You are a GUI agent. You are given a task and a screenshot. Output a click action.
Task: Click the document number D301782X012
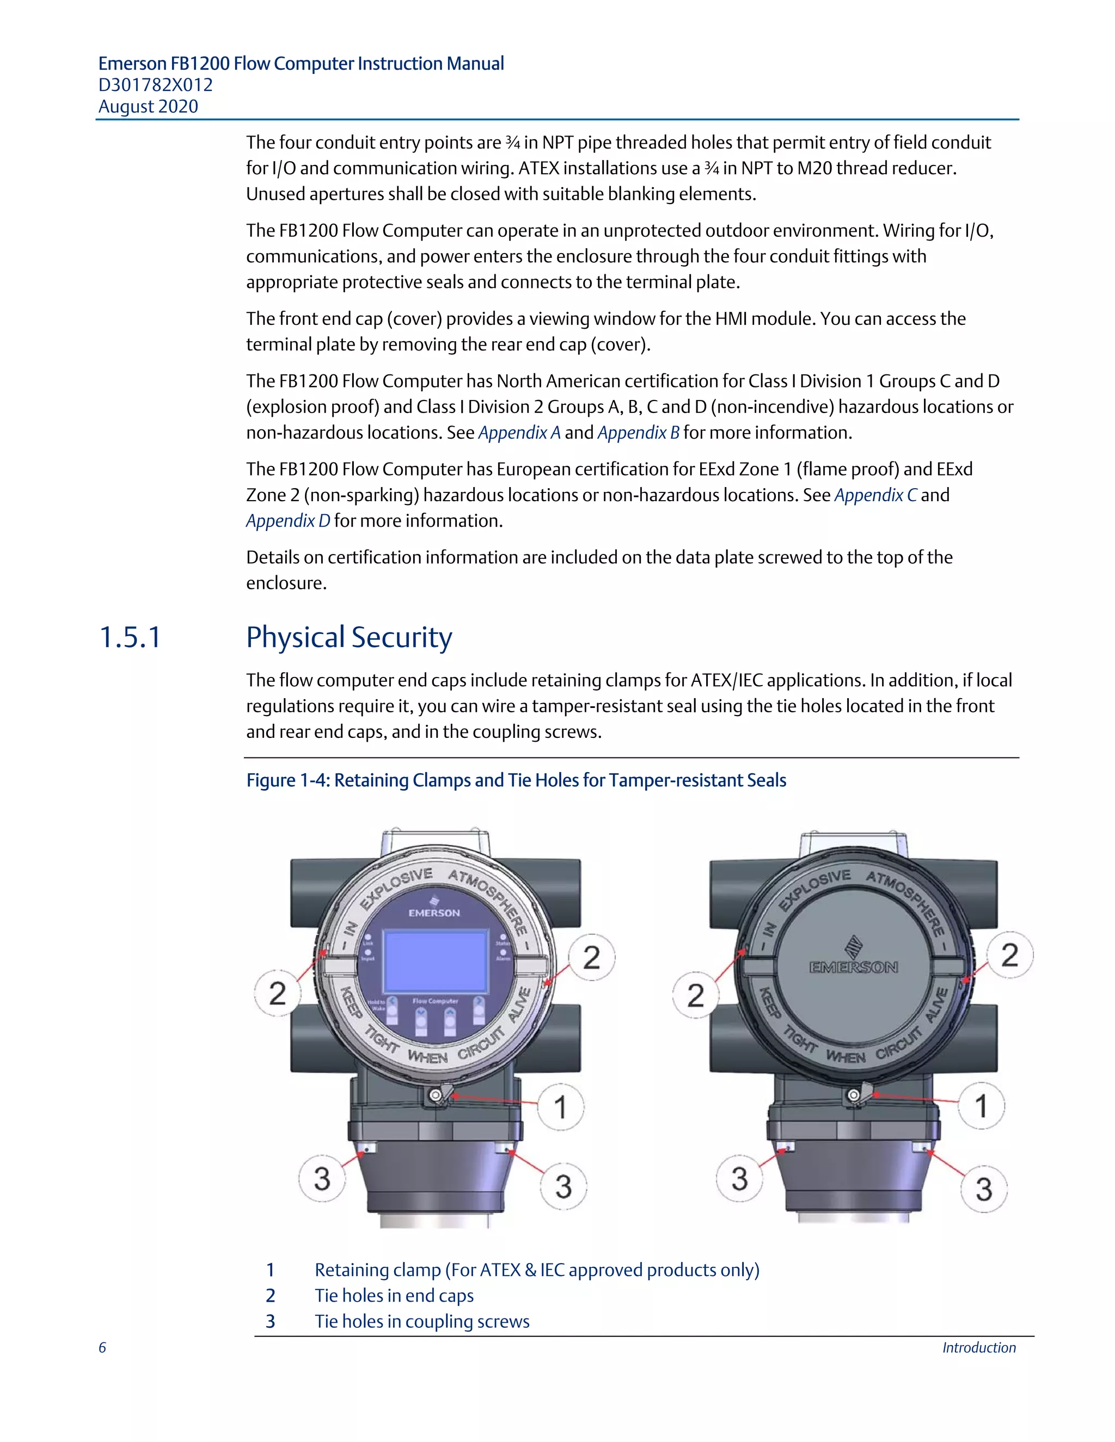(x=155, y=85)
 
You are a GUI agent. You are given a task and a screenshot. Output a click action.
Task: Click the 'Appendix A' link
(x=519, y=433)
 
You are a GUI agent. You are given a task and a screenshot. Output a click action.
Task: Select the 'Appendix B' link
(x=638, y=433)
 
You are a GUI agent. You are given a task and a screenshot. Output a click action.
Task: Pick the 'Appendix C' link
(x=875, y=495)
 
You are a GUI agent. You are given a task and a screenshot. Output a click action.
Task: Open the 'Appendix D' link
(x=288, y=521)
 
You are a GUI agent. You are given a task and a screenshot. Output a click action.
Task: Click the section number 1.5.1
(x=130, y=638)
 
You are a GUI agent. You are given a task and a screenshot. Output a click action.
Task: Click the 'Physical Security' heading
(x=349, y=638)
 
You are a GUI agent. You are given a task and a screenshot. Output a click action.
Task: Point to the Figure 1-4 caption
(x=516, y=780)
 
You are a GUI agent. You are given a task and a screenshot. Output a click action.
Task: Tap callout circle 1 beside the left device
(x=560, y=1107)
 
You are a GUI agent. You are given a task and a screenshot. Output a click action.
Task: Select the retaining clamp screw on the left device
(x=436, y=1096)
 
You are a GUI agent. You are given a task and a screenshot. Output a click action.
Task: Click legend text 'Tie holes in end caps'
(x=394, y=1296)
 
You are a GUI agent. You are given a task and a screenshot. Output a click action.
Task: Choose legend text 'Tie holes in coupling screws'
(x=421, y=1321)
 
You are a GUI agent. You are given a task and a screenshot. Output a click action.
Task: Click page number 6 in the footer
(x=102, y=1347)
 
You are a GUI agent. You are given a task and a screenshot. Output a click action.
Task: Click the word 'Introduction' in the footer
(x=978, y=1347)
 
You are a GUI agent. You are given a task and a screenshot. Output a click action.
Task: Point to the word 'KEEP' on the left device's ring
(x=351, y=1002)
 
